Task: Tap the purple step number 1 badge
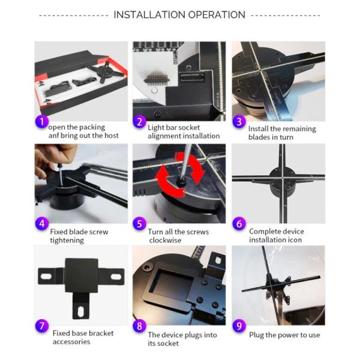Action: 42,121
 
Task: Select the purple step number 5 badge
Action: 139,224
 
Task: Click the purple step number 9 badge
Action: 239,326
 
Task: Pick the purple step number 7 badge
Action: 42,326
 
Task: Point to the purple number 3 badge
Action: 239,121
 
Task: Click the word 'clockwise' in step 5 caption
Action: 165,241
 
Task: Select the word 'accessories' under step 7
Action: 71,342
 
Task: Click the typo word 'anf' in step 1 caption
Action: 53,136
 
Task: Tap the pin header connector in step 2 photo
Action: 157,80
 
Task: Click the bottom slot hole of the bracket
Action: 81,311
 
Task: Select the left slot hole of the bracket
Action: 46,276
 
